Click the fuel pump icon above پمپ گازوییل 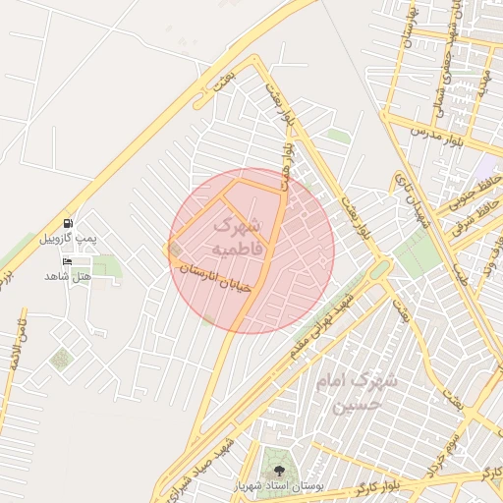pyautogui.click(x=67, y=223)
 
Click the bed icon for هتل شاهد pyautogui.click(x=67, y=261)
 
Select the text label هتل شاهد pyautogui.click(x=67, y=276)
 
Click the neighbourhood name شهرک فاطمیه pyautogui.click(x=239, y=237)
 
